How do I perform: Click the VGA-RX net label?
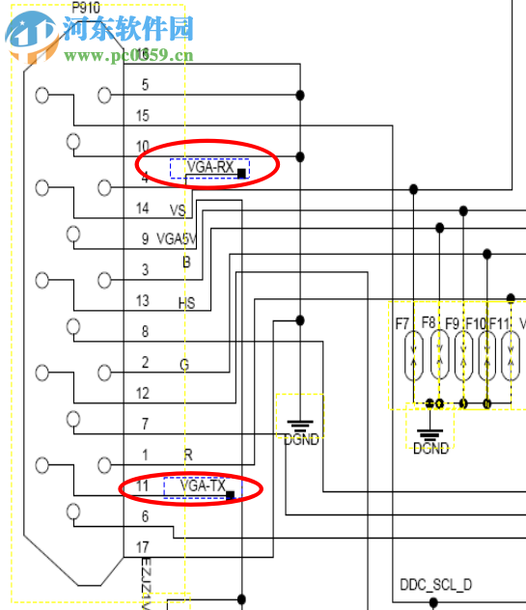coord(209,168)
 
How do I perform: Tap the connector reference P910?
coord(86,8)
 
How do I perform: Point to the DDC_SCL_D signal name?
coord(435,585)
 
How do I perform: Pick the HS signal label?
coord(186,302)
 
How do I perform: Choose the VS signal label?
coord(178,209)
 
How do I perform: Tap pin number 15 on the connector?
coord(143,116)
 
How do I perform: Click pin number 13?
coord(143,301)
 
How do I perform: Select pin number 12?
coord(143,393)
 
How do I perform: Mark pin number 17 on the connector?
coord(143,547)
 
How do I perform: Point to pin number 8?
coord(145,332)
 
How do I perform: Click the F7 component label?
coord(403,322)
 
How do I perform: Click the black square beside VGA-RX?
coord(241,173)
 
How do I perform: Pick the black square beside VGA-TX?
coord(230,495)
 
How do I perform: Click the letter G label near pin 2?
coord(184,364)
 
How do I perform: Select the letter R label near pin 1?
coord(187,455)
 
